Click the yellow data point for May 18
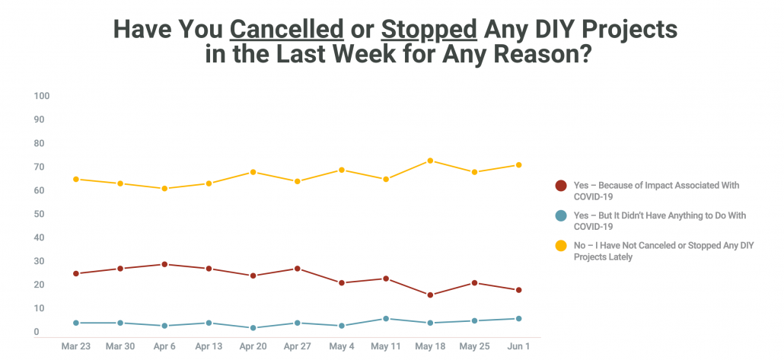pyautogui.click(x=430, y=161)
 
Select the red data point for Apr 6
pyautogui.click(x=164, y=264)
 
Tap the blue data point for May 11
pyautogui.click(x=386, y=319)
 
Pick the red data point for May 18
pyautogui.click(x=430, y=295)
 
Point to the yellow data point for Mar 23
pyautogui.click(x=76, y=179)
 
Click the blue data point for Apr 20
pyautogui.click(x=253, y=328)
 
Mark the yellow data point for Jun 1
pyautogui.click(x=518, y=165)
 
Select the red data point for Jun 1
pyautogui.click(x=518, y=290)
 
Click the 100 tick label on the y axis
pyautogui.click(x=41, y=96)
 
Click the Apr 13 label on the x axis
pyautogui.click(x=209, y=346)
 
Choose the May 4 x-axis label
pyautogui.click(x=341, y=346)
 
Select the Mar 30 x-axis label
pyautogui.click(x=120, y=346)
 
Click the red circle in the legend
pyautogui.click(x=561, y=186)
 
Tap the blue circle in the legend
pyautogui.click(x=561, y=216)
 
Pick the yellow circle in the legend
pyautogui.click(x=561, y=247)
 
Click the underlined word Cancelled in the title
pyautogui.click(x=287, y=29)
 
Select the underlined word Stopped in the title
pyautogui.click(x=429, y=29)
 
